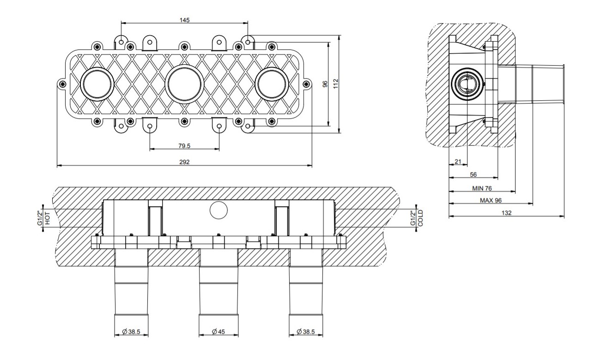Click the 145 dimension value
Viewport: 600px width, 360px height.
click(x=184, y=20)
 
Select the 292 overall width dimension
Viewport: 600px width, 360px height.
click(x=184, y=162)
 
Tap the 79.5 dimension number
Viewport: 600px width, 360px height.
click(x=184, y=146)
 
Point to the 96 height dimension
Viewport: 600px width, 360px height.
click(x=325, y=84)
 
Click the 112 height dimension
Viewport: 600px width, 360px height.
click(x=336, y=84)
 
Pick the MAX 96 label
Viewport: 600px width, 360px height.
click(x=491, y=200)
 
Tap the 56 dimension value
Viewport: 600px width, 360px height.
click(x=473, y=175)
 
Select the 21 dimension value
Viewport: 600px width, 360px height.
click(x=458, y=161)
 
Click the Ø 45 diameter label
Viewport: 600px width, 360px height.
click(x=219, y=331)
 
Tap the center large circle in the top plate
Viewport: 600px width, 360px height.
click(x=185, y=84)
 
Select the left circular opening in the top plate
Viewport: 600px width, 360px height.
click(x=97, y=84)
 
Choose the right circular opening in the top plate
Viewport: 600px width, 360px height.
click(x=272, y=84)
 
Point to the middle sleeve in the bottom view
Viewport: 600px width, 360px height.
click(x=219, y=287)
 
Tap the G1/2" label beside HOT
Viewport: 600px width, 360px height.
click(x=40, y=218)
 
